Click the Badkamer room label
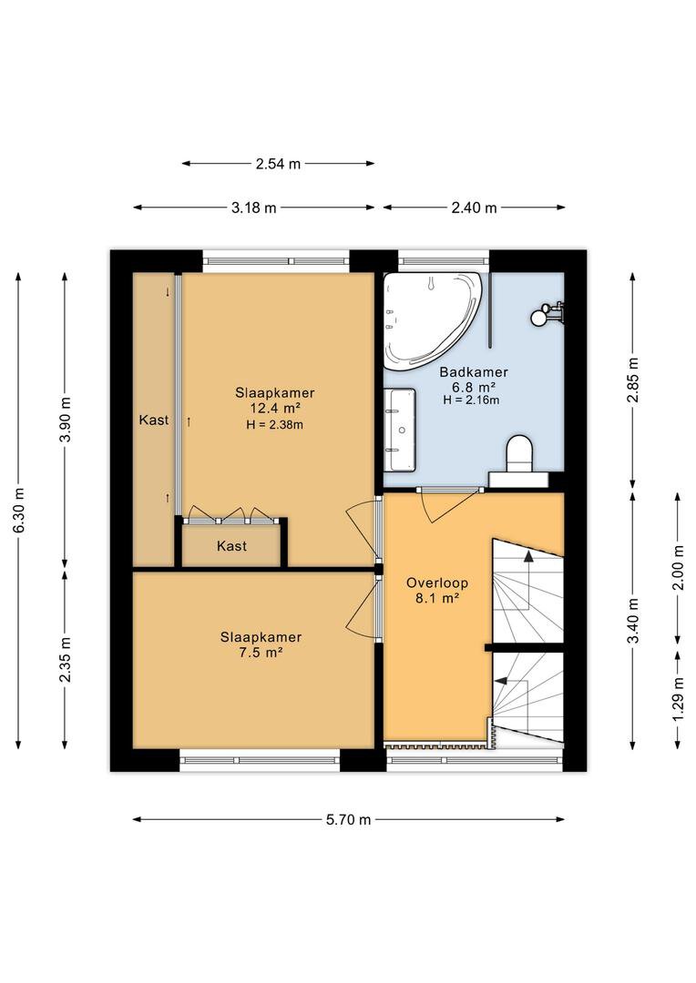(x=473, y=371)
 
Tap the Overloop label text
(x=436, y=583)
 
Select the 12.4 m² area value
(x=275, y=409)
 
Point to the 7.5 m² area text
(x=261, y=653)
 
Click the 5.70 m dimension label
(x=348, y=819)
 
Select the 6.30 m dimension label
(x=19, y=510)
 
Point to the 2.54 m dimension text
(x=278, y=164)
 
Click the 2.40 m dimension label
(x=474, y=208)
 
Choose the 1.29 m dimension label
(x=678, y=699)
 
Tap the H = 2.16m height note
(x=471, y=400)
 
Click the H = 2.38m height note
(x=275, y=424)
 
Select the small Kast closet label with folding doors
(x=231, y=546)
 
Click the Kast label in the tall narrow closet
(x=154, y=420)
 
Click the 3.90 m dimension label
(x=66, y=420)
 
